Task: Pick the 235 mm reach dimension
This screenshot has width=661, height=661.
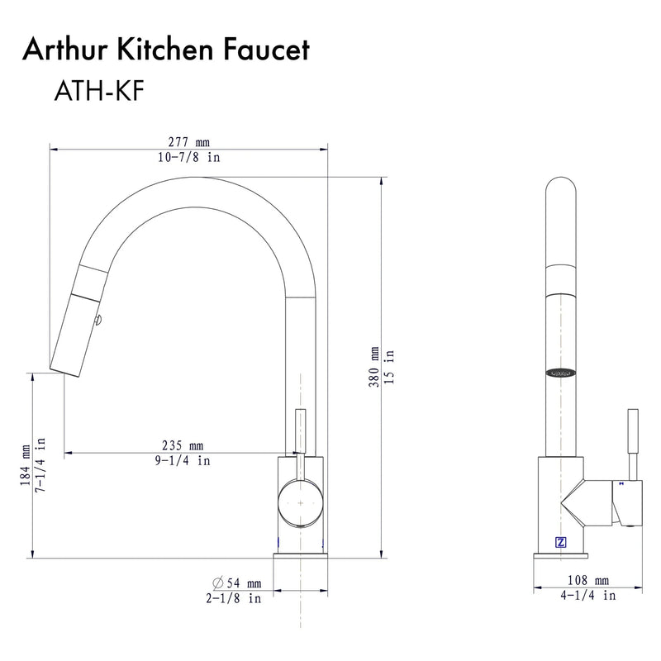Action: (x=182, y=446)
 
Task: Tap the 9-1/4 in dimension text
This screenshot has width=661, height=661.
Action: (x=182, y=461)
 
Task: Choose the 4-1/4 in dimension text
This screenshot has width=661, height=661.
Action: (x=588, y=595)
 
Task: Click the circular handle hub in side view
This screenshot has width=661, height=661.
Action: (x=301, y=502)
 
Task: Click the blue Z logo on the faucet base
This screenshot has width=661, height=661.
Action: (x=561, y=543)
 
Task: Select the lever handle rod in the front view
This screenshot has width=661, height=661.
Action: (x=634, y=442)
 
